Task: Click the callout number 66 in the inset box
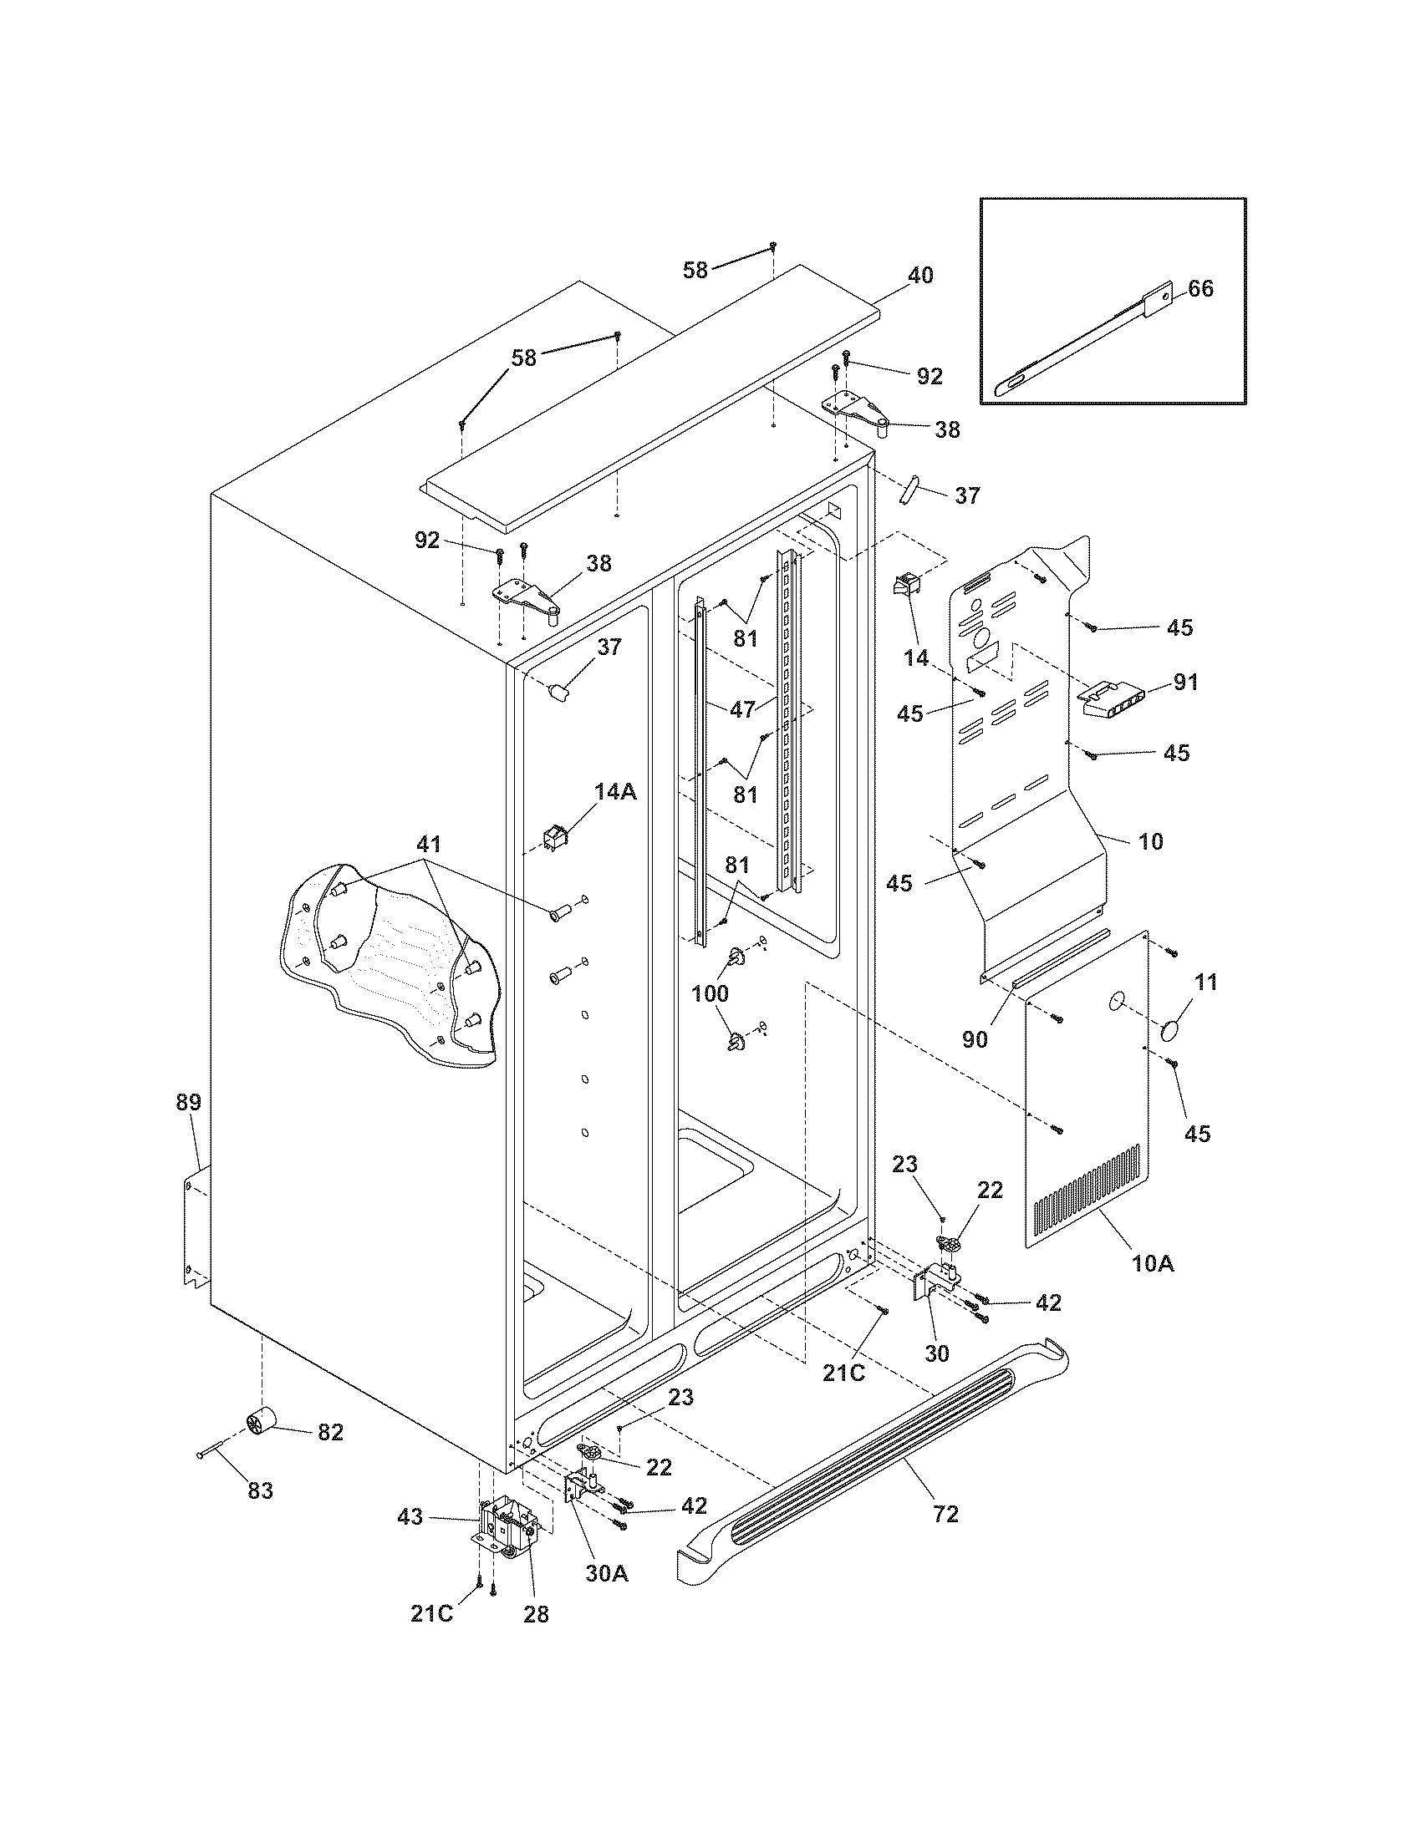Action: click(1200, 289)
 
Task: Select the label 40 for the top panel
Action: click(920, 275)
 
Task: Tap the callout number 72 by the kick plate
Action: click(945, 1514)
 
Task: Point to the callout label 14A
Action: click(615, 791)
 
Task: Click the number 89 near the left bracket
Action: click(189, 1102)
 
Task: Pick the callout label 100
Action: click(710, 993)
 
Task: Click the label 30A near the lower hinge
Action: click(607, 1572)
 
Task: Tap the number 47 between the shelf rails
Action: click(742, 709)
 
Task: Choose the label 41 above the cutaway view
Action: click(428, 844)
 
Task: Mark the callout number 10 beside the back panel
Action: click(1150, 840)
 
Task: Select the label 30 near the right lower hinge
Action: click(936, 1353)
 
